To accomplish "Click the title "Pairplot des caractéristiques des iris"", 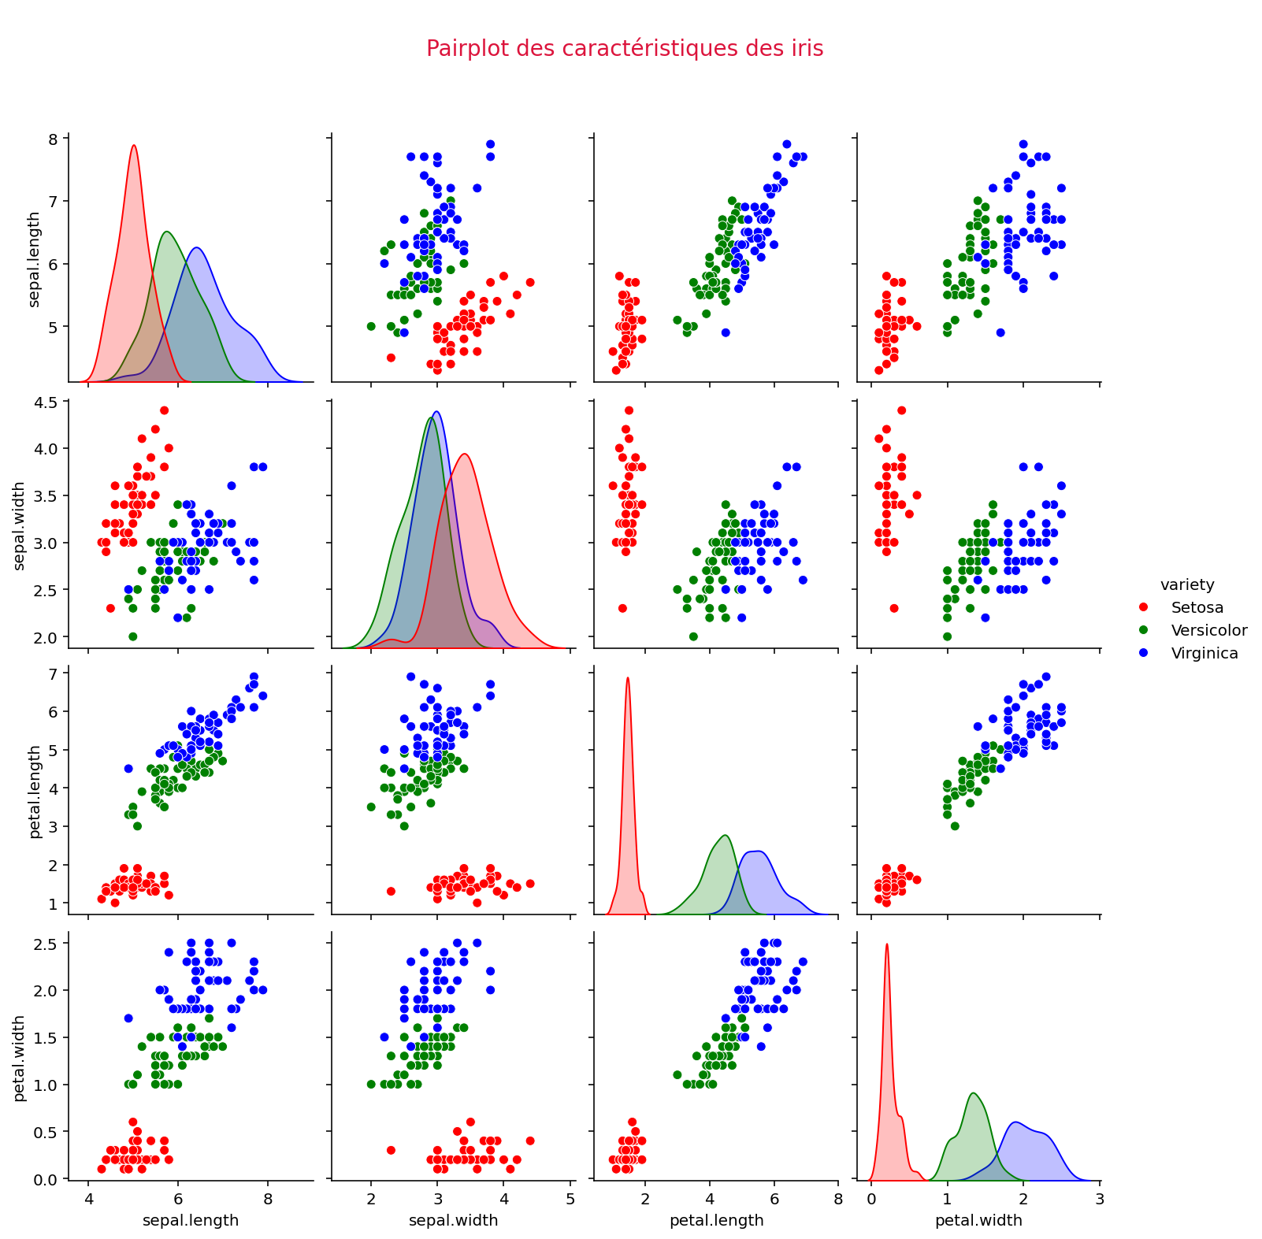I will click(x=624, y=49).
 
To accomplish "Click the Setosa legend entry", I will click(x=1197, y=607).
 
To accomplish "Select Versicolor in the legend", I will click(x=1208, y=630).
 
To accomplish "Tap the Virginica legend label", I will click(x=1204, y=653).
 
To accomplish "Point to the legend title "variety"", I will click(x=1186, y=584).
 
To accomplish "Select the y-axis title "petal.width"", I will click(x=20, y=1058).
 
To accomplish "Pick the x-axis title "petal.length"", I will click(x=716, y=1220).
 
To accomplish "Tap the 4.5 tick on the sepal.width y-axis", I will click(x=46, y=402).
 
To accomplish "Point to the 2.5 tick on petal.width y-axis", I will click(x=46, y=944).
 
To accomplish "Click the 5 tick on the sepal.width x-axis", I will click(x=570, y=1199).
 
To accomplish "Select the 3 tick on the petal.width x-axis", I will click(x=1099, y=1199).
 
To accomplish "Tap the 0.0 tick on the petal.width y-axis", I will click(x=46, y=1178).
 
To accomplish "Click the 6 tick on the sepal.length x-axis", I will click(x=177, y=1199).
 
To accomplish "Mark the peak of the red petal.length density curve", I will click(x=628, y=678).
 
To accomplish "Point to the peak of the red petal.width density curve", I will click(x=887, y=944).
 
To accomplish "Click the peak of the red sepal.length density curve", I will click(x=134, y=146).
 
